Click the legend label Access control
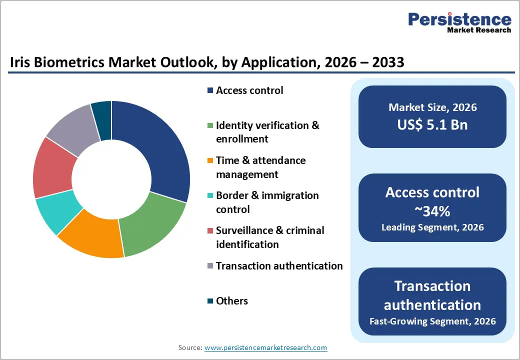(249, 90)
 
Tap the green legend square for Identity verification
(210, 126)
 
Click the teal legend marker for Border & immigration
(210, 196)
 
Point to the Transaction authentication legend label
(279, 266)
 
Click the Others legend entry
(231, 301)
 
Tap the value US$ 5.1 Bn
(432, 124)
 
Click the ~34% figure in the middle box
(432, 211)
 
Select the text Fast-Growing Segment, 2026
(432, 320)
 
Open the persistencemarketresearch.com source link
(265, 347)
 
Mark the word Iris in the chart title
(20, 62)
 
